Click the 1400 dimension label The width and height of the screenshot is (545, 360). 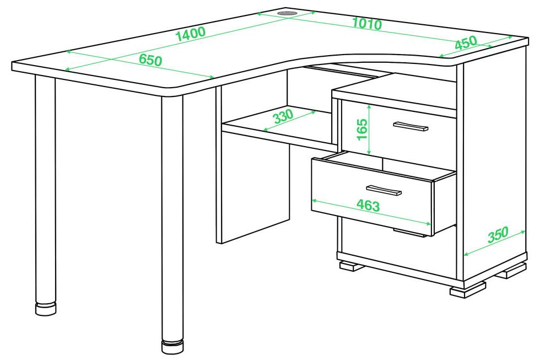(191, 34)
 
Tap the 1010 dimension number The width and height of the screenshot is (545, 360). (367, 24)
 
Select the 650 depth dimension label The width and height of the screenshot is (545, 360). (150, 60)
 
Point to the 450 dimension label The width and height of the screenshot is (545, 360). (466, 43)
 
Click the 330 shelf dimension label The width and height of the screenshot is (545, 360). (284, 116)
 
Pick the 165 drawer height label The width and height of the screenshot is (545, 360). (362, 129)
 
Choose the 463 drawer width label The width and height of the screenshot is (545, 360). (369, 206)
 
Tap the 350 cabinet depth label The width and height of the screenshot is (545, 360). (498, 235)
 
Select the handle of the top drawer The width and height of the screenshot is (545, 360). (411, 126)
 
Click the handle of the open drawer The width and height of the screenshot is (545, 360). (384, 190)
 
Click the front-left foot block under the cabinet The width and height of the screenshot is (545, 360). (352, 266)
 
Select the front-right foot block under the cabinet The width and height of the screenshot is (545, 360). (467, 289)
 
